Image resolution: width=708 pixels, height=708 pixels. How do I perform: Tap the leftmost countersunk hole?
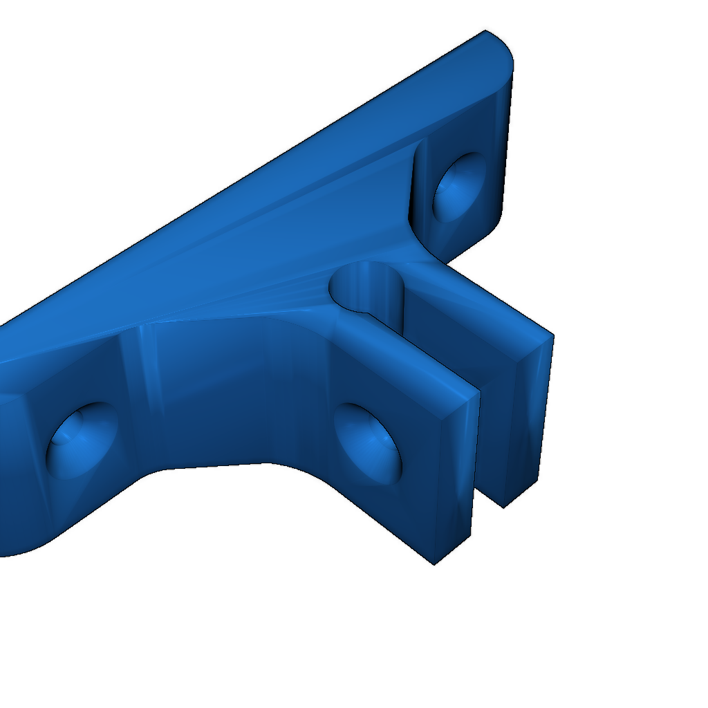pos(82,440)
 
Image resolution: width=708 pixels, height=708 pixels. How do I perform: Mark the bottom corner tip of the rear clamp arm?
pos(503,507)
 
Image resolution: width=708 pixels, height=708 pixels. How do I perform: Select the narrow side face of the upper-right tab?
pos(505,138)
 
